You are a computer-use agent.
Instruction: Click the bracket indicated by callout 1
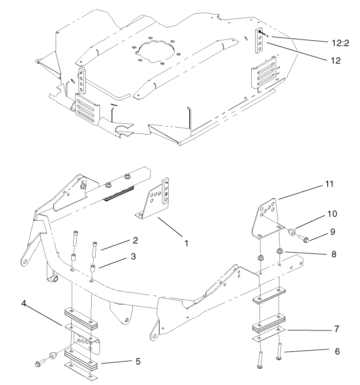coord(154,197)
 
